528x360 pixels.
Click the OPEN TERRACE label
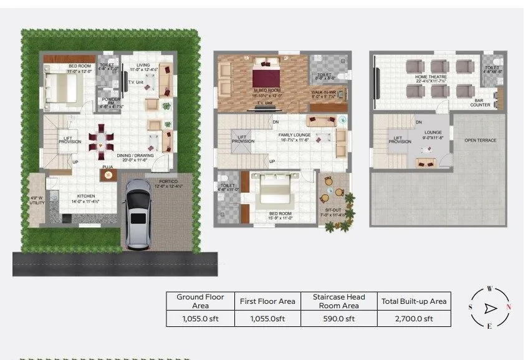(x=480, y=140)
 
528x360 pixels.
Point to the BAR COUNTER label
(x=480, y=103)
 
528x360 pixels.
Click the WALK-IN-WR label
(x=324, y=92)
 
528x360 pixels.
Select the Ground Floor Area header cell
(x=200, y=301)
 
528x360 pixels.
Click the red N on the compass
(x=509, y=307)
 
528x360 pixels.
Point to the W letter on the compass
(x=490, y=289)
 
